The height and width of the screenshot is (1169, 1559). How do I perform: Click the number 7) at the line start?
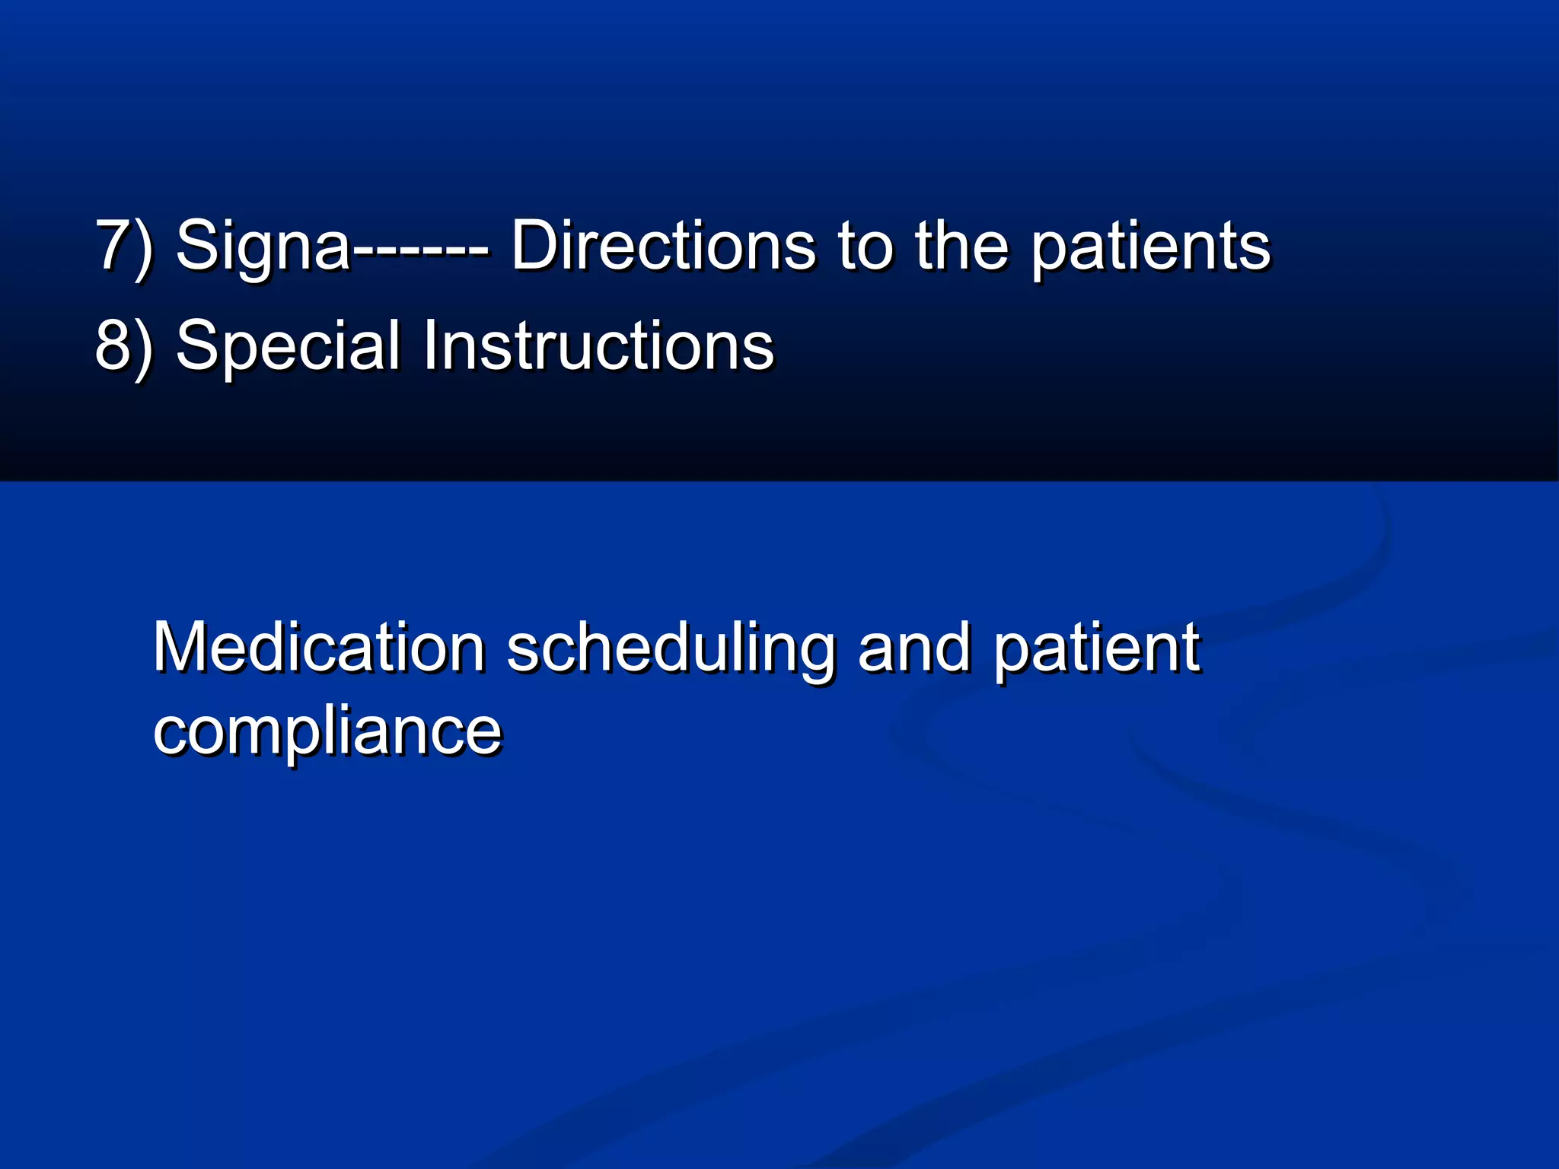tap(123, 245)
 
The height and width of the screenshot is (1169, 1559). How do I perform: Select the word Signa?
tap(263, 245)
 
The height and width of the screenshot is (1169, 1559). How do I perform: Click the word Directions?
tap(662, 245)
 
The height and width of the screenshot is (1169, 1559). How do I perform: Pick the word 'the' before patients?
tap(961, 245)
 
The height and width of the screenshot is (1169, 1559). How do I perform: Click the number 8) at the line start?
tap(123, 346)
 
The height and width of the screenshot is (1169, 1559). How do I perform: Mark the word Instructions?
tap(598, 346)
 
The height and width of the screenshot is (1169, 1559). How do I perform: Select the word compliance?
tap(327, 732)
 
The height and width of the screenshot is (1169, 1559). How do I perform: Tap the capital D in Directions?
tap(535, 245)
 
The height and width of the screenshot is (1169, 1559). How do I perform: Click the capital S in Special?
tap(197, 346)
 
